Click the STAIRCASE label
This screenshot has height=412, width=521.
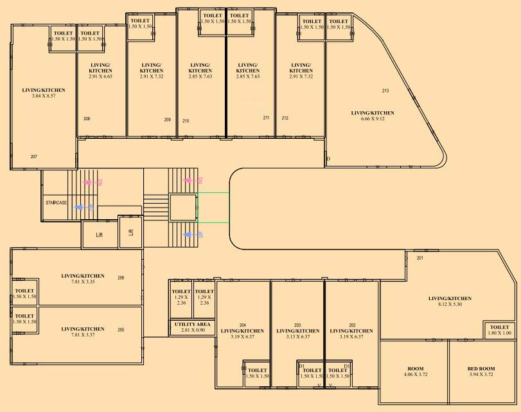tap(57, 202)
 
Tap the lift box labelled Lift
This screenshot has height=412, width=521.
tap(99, 235)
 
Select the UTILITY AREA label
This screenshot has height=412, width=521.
tap(191, 324)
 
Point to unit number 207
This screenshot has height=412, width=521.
tap(33, 156)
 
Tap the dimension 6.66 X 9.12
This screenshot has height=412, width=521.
tap(373, 119)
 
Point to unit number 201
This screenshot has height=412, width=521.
tap(420, 258)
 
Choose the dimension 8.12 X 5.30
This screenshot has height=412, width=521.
tap(450, 304)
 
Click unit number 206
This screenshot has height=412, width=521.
tap(121, 278)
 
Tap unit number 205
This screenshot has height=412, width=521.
tap(121, 330)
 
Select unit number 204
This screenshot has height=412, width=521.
tap(243, 325)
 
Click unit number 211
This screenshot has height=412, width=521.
tap(266, 118)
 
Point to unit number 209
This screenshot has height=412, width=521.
tap(167, 120)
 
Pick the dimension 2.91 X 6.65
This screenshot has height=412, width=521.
tap(100, 76)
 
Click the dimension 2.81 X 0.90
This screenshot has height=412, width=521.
tap(191, 330)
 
